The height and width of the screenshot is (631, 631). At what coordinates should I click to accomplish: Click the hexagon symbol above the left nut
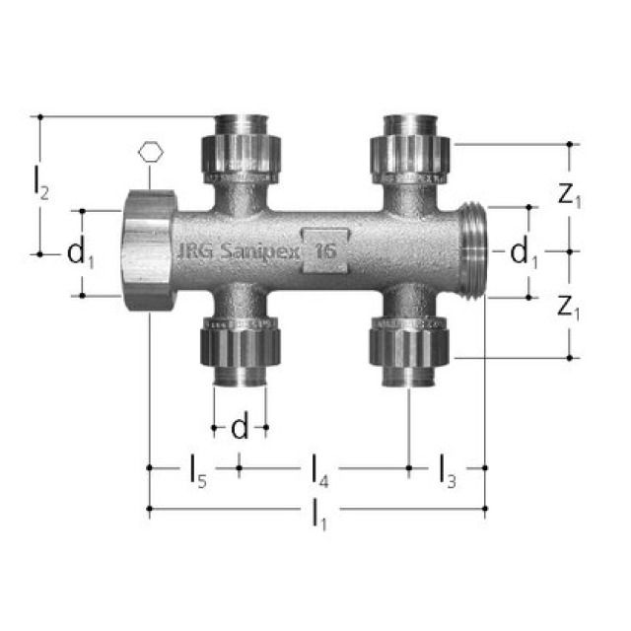[149, 153]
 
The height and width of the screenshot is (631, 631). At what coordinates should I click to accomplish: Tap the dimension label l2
[39, 182]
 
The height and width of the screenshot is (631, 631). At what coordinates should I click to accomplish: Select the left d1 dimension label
[80, 253]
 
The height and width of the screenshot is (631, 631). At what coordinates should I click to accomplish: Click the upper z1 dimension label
[569, 195]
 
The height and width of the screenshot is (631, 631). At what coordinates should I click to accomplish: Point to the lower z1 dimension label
[569, 308]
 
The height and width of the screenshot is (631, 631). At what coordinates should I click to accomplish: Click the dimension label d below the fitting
[239, 428]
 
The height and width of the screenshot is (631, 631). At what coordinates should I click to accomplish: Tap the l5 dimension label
[198, 470]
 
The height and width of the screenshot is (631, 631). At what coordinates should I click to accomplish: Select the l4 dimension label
[320, 470]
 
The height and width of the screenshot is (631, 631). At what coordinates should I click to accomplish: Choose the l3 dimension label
[447, 470]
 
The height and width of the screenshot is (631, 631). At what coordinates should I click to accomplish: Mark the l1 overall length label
[317, 514]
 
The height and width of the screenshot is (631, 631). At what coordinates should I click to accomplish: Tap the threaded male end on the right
[474, 251]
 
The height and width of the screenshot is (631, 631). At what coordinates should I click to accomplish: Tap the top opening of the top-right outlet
[411, 120]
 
